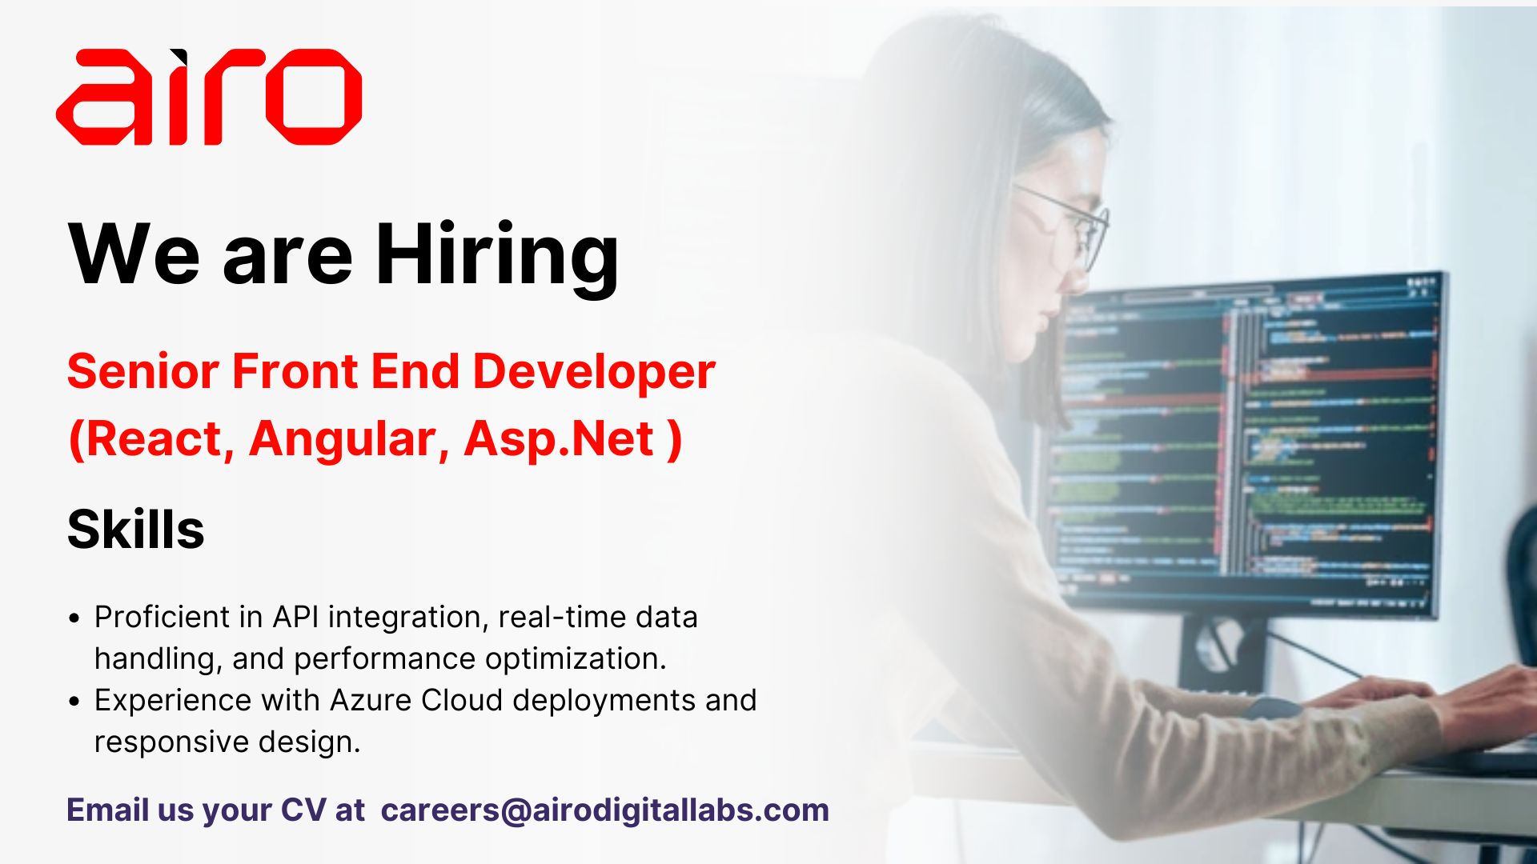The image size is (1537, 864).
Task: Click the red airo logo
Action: coord(208,97)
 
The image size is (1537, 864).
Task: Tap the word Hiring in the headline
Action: coord(497,254)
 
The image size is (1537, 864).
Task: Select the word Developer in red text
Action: coord(594,372)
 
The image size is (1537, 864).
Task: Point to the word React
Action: coord(153,439)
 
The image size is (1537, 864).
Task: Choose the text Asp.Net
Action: coord(559,439)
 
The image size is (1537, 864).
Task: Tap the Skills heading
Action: coord(136,530)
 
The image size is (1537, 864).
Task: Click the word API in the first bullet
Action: coord(295,617)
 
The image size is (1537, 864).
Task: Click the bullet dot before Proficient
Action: coord(74,618)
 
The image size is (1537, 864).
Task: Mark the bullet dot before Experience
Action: coord(74,702)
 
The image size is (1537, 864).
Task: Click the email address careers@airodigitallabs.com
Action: coord(605,810)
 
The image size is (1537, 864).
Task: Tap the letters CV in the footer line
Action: coord(303,810)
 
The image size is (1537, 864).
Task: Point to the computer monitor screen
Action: coord(1249,440)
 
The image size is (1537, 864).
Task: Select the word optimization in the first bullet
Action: coord(575,658)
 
